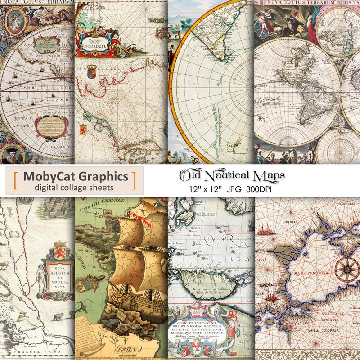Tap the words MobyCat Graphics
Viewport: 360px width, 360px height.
[75, 176]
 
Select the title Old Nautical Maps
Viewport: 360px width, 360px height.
[233, 175]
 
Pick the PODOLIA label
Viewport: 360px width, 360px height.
[289, 222]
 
